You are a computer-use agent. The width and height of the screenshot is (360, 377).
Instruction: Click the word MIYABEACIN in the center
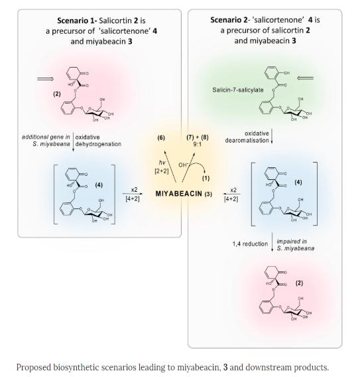tap(179, 194)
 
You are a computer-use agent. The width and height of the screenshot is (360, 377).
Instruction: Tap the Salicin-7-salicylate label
tap(238, 90)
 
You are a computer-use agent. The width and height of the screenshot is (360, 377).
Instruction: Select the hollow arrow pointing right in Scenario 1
tap(45, 79)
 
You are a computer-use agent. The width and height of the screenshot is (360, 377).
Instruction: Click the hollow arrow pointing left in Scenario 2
tap(305, 78)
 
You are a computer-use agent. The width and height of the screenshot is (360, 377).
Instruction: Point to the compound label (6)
tap(161, 138)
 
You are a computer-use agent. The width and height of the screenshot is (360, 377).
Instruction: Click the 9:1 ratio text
tap(197, 144)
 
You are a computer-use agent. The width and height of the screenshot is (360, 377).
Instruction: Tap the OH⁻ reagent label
tap(183, 165)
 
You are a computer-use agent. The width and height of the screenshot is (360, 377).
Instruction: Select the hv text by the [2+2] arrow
tap(162, 163)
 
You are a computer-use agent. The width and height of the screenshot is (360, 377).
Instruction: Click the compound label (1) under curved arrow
tap(206, 178)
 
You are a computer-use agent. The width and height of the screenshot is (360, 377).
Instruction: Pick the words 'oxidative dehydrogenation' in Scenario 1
tap(98, 141)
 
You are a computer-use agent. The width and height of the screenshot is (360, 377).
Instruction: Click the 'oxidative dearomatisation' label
tap(247, 137)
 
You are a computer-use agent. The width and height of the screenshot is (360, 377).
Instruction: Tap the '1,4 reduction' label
tap(250, 244)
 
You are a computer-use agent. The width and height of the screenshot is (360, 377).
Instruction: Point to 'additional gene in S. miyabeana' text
tap(46, 141)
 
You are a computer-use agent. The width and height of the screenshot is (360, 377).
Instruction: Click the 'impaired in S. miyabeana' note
tap(296, 245)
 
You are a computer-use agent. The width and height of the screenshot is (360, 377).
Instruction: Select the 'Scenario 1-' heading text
tap(77, 21)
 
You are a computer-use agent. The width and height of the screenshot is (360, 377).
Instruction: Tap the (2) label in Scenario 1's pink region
tap(57, 94)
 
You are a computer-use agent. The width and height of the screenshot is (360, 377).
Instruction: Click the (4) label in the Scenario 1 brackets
tap(99, 185)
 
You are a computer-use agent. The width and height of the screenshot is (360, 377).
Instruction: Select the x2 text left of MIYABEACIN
tap(134, 190)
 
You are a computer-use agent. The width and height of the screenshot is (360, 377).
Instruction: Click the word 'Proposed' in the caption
tap(34, 368)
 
